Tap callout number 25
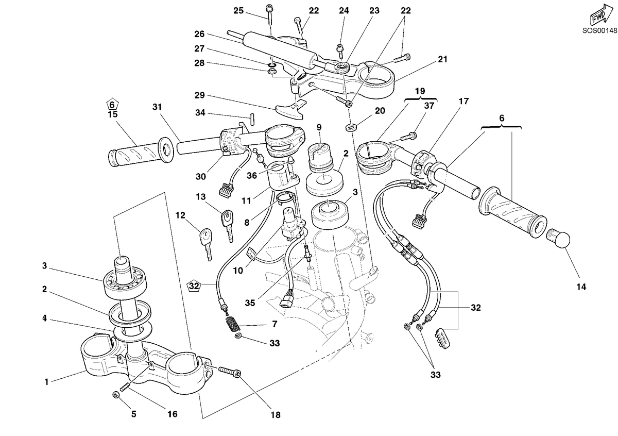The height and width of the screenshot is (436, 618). click(238, 11)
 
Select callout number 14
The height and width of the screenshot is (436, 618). click(581, 287)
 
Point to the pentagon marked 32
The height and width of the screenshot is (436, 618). click(194, 286)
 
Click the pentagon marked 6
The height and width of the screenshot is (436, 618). click(112, 105)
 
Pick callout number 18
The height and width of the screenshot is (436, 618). click(276, 415)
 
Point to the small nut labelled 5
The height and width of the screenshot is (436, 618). click(116, 395)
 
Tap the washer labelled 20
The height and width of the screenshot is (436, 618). click(351, 128)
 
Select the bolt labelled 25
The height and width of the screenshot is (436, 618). click(269, 15)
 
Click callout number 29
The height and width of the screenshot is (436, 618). click(200, 95)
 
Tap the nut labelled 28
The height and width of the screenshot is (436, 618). click(272, 72)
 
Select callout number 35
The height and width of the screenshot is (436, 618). click(250, 303)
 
